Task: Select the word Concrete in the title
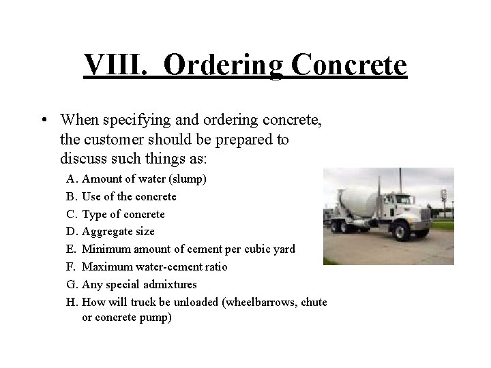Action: pyautogui.click(x=349, y=65)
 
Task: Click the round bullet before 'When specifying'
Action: pyautogui.click(x=43, y=120)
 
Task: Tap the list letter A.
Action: pyautogui.click(x=72, y=179)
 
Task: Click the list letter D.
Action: pyautogui.click(x=72, y=232)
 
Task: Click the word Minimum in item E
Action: pyautogui.click(x=104, y=249)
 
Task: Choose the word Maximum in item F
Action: pyautogui.click(x=106, y=266)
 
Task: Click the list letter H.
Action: pyautogui.click(x=72, y=302)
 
